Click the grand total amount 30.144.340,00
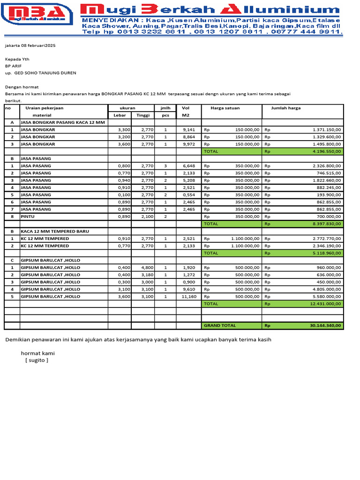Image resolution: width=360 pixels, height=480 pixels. pyautogui.click(x=326, y=325)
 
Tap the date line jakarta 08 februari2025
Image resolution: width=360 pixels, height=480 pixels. pyautogui.click(x=30, y=46)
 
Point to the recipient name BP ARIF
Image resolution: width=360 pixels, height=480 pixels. pyautogui.click(x=14, y=66)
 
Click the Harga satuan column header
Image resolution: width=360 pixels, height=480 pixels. pyautogui.click(x=225, y=108)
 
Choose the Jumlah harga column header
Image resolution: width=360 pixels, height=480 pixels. pyautogui.click(x=286, y=108)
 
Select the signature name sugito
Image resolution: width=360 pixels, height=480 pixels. pyautogui.click(x=37, y=360)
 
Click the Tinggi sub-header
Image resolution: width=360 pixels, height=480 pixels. pyautogui.click(x=143, y=115)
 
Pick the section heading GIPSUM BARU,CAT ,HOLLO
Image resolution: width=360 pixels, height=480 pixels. pyautogui.click(x=51, y=260)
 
